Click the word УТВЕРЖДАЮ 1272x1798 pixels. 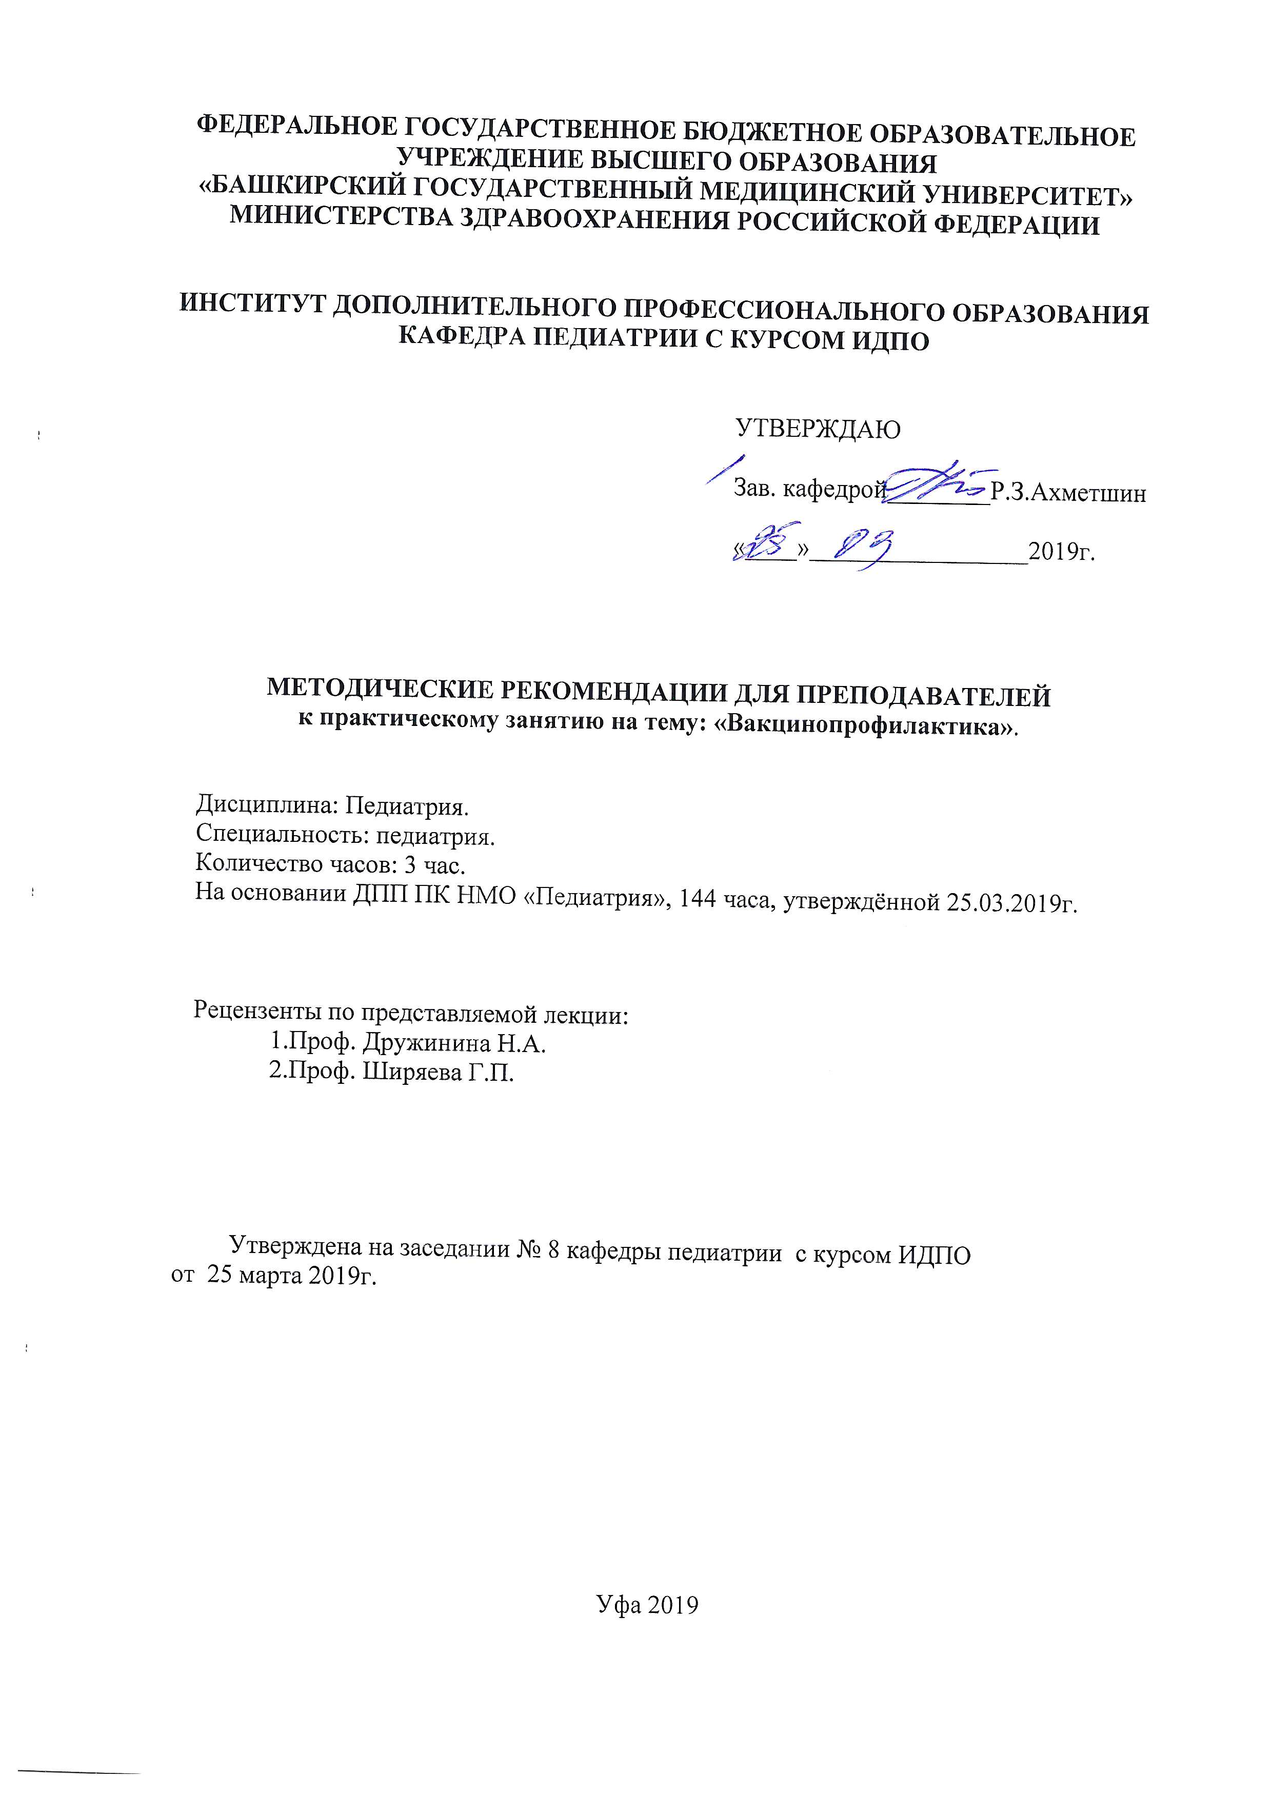(817, 429)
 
